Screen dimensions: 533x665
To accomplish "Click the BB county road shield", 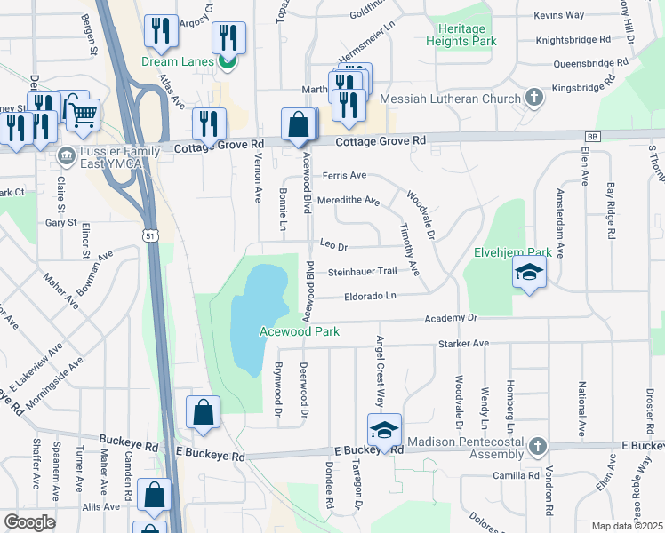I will (592, 137).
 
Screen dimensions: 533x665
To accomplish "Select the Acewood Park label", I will (299, 331).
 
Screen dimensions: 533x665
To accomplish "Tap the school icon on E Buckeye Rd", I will (384, 430).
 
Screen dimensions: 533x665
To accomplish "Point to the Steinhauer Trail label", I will (361, 272).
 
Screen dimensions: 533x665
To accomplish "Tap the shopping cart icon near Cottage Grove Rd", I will (82, 113).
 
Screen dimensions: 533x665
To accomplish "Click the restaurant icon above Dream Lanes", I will (161, 31).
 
